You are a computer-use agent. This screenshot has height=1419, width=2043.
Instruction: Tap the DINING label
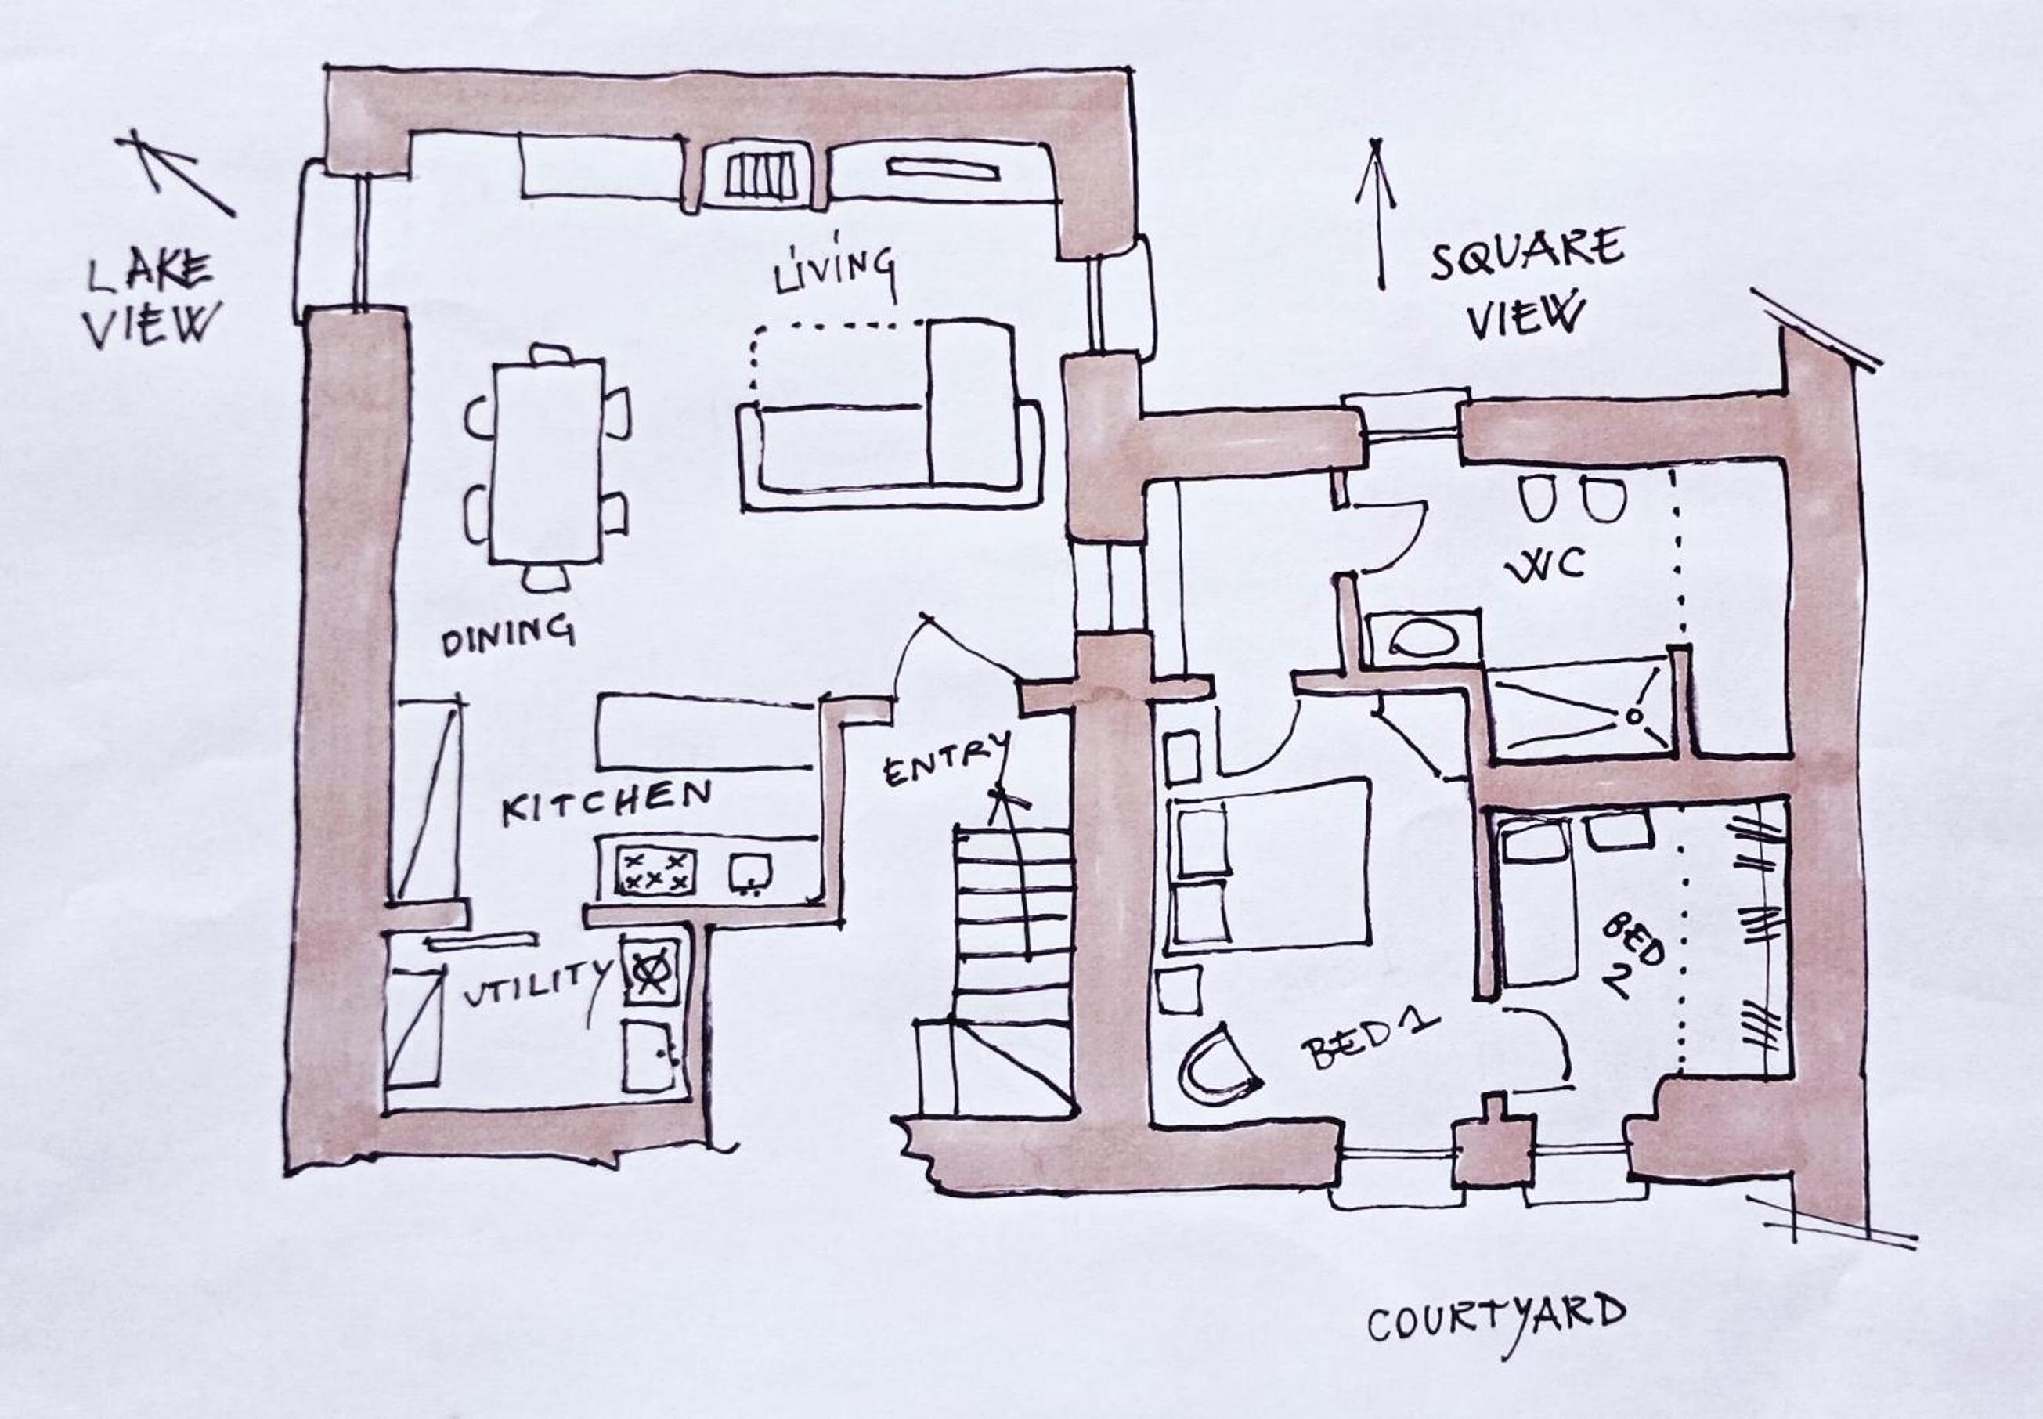(x=507, y=635)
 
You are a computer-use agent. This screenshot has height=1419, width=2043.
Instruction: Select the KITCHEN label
(x=606, y=803)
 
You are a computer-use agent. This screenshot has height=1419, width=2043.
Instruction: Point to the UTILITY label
(x=538, y=984)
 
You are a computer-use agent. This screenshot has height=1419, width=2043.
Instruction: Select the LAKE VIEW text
(x=151, y=301)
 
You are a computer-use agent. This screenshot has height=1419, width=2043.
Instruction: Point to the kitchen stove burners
(x=656, y=870)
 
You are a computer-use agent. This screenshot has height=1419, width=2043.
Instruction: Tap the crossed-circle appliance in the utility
(x=651, y=971)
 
